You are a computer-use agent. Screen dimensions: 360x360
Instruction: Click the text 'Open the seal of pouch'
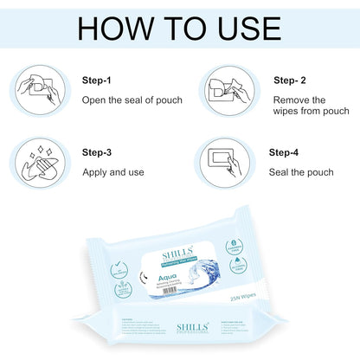[x=132, y=100]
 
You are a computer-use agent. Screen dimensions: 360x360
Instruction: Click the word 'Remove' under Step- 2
[x=294, y=100]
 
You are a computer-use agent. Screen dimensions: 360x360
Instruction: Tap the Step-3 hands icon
[x=40, y=161]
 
